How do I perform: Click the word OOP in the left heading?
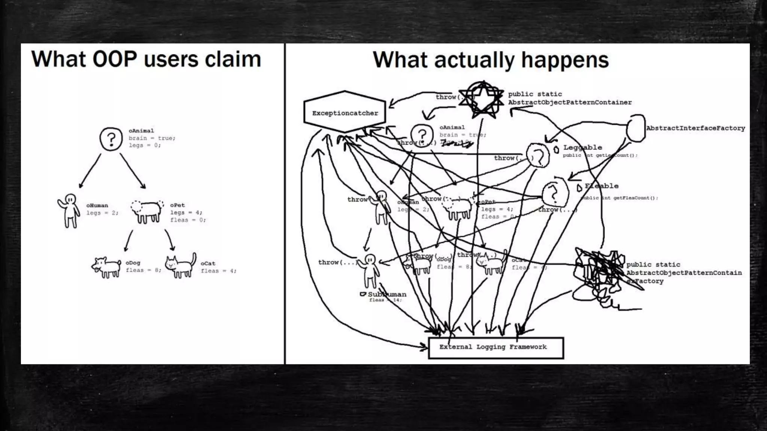114,59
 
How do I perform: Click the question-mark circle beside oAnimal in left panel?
111,139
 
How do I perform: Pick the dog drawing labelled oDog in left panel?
106,267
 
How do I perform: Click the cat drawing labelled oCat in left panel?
181,266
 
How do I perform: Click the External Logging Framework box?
495,348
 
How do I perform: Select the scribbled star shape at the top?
482,99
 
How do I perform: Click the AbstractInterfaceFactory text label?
695,128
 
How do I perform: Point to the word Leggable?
582,147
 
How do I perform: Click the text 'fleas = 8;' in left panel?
143,270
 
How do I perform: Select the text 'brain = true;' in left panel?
152,138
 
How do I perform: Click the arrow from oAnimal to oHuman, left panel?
90,171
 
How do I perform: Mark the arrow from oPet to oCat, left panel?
169,239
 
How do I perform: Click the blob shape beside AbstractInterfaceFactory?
636,128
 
